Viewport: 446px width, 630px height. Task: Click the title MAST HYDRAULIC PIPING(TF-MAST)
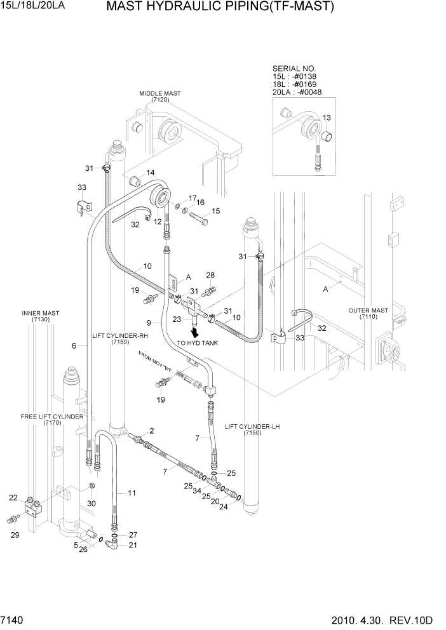220,8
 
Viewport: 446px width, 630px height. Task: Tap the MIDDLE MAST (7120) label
159,97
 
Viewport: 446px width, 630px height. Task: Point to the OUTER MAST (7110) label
368,313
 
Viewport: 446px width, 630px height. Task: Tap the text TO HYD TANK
197,344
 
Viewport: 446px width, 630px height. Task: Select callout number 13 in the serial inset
327,118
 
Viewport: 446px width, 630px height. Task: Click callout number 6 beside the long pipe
74,346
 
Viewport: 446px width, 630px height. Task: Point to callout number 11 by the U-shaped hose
132,493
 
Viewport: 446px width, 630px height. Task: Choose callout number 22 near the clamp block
13,497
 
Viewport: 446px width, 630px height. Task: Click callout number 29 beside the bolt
15,535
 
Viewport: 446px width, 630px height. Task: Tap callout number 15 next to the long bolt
216,211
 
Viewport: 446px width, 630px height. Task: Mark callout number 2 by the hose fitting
152,431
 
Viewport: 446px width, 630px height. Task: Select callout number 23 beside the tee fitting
177,319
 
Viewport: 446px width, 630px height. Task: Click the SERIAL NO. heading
294,68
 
